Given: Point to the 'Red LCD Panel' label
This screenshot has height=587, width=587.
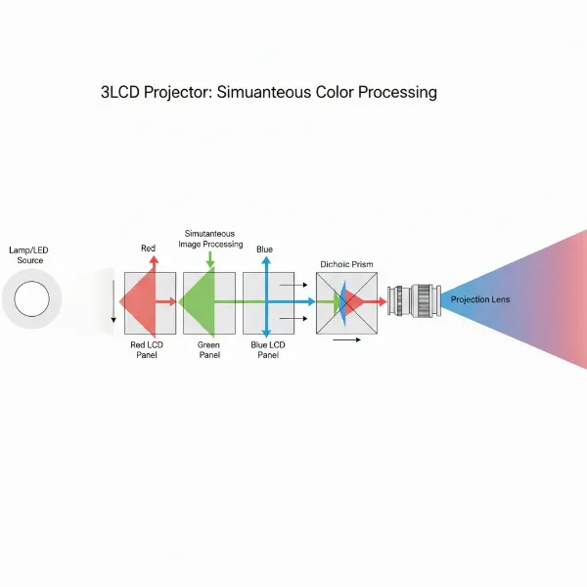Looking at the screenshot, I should pos(148,349).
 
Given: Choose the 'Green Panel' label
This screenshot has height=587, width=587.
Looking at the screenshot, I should pos(208,349).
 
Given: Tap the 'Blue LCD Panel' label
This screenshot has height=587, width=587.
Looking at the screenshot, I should pos(267,349).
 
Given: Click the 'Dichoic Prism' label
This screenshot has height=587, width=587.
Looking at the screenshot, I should pos(346,264).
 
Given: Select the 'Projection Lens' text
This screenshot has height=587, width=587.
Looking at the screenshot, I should pos(480,299).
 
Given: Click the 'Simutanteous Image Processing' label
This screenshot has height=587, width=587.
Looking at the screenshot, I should pos(210,239).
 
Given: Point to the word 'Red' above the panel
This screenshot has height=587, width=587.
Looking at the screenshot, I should pos(148,248).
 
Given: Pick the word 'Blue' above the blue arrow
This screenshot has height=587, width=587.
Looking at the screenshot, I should pos(264,249).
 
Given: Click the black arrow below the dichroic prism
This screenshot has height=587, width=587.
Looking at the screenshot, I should pos(346,339).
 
